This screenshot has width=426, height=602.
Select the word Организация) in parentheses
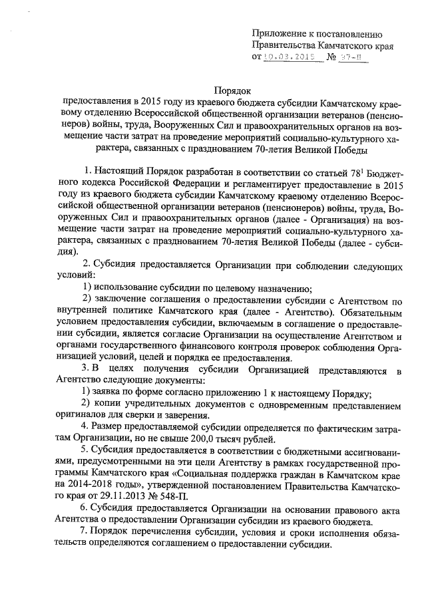click(324, 222)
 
